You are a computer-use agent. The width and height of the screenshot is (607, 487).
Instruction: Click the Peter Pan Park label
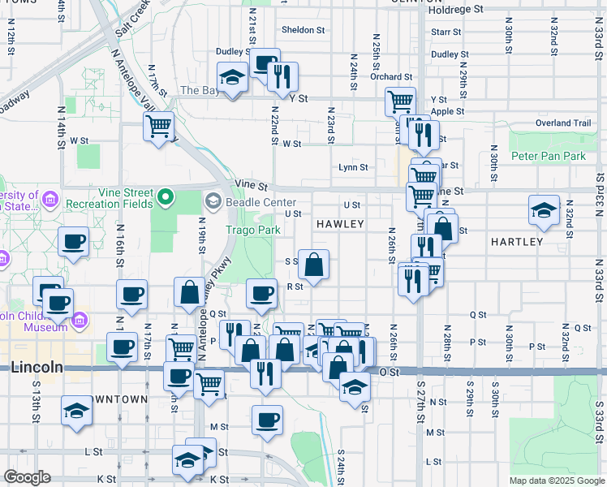point(548,155)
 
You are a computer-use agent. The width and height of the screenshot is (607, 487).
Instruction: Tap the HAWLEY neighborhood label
point(339,223)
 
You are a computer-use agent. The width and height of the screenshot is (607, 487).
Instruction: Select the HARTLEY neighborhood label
point(517,242)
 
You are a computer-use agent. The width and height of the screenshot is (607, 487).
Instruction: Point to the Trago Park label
point(253,230)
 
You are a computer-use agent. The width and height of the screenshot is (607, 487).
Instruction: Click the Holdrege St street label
point(455,10)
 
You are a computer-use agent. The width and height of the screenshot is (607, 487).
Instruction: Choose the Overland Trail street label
point(563,123)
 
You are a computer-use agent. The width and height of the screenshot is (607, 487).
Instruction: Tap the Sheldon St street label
point(303,30)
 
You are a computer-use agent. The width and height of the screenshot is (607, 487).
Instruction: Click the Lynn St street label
point(353,168)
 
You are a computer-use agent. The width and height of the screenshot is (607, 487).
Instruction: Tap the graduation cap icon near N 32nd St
point(544,210)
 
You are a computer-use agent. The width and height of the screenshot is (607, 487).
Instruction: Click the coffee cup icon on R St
point(260,293)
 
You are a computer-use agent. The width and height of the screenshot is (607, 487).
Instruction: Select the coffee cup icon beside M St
point(267,420)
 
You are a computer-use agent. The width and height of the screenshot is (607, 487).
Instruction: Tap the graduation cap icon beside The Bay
point(233,77)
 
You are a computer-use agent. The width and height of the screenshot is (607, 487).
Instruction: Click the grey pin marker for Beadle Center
point(213,200)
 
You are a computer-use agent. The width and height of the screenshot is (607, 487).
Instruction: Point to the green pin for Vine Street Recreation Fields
point(166,196)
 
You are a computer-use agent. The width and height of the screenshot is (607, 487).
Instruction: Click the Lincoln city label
point(37,367)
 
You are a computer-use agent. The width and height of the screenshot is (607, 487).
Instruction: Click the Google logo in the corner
point(27,477)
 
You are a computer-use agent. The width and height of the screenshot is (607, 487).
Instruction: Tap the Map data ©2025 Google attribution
point(556,481)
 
